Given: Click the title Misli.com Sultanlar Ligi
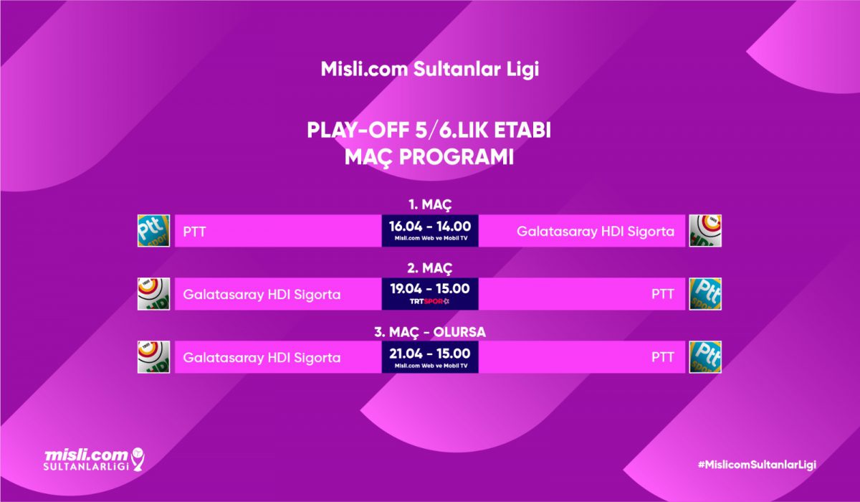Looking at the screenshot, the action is tap(429, 69).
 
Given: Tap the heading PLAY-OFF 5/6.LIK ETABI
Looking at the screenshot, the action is tap(429, 131).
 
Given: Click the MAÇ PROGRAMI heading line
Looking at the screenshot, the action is tap(429, 158).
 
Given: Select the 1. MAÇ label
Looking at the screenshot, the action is tap(430, 204).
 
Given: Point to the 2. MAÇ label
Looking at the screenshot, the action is tap(430, 268).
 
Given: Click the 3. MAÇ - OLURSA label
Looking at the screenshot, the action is tap(430, 332).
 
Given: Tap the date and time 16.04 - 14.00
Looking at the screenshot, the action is tap(430, 226).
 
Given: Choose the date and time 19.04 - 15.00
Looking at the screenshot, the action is tap(430, 289).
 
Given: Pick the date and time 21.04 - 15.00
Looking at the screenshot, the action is tap(430, 354).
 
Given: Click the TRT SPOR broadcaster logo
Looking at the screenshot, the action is tap(429, 301).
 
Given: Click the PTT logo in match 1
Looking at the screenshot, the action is tap(153, 230).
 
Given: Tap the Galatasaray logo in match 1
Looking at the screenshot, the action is tap(705, 230).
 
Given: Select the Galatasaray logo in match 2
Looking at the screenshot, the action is tap(153, 294).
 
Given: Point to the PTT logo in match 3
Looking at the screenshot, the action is tap(705, 357).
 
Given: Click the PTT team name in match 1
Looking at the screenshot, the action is tap(194, 232).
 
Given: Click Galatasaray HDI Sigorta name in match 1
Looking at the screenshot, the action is tap(596, 232).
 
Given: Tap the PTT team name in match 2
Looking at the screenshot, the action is tap(663, 294).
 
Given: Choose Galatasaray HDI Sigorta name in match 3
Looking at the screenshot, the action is tap(262, 358).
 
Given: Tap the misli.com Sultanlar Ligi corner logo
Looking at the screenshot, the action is tap(94, 460).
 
